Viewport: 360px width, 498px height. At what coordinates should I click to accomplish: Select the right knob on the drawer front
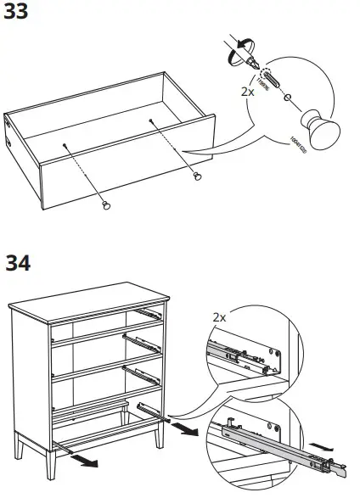(198, 176)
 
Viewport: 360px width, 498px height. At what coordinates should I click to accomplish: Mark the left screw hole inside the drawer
(65, 145)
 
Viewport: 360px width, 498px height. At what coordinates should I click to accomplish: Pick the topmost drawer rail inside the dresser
(149, 312)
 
